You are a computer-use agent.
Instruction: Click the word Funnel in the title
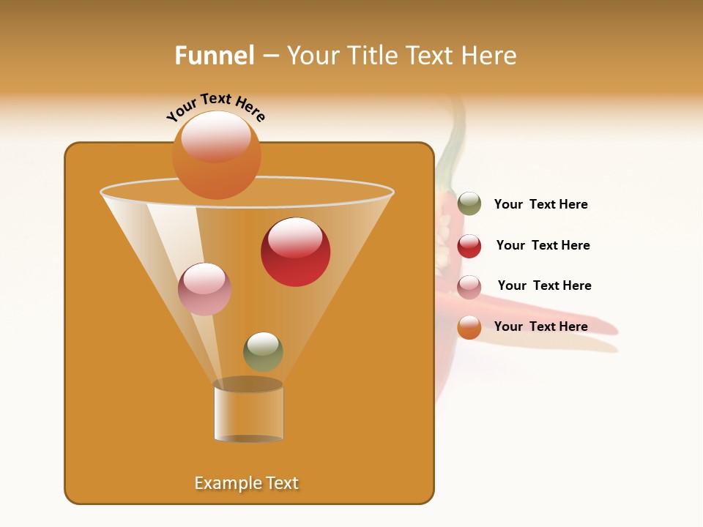tap(214, 56)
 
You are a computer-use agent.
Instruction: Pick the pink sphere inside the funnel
tap(204, 289)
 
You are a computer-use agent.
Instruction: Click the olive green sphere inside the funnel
tap(263, 352)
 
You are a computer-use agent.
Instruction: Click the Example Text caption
tap(246, 483)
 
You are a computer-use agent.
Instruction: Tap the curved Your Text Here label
tap(215, 108)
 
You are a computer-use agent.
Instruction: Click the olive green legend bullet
tap(469, 203)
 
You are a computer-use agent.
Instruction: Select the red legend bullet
tap(469, 246)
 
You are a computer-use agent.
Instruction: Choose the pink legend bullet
tap(469, 287)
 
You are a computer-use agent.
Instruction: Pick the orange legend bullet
tap(469, 327)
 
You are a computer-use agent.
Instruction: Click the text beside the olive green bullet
tap(540, 204)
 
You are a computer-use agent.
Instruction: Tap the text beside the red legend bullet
tap(543, 245)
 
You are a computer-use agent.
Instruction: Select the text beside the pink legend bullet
tap(544, 285)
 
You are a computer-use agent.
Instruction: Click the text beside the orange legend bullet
tap(540, 326)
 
